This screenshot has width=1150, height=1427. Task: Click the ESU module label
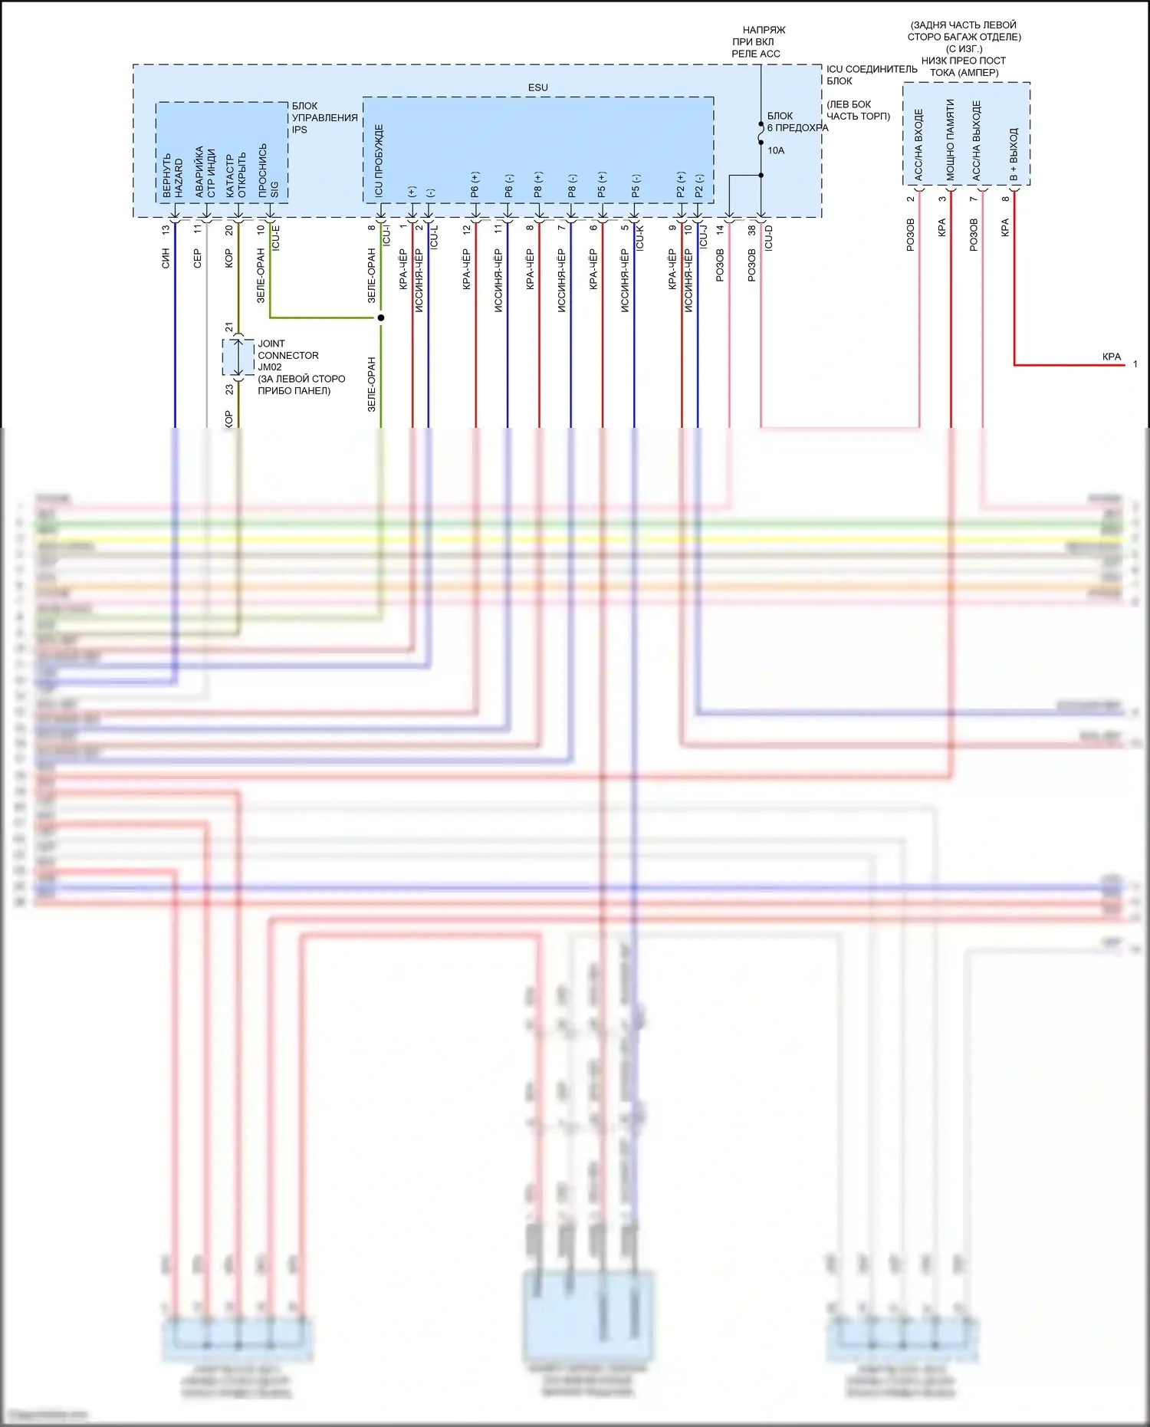[x=537, y=87]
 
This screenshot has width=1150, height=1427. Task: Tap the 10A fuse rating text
[x=776, y=150]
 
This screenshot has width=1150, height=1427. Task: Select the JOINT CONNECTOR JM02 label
[x=288, y=355]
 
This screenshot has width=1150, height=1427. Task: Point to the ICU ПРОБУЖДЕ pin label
[x=379, y=161]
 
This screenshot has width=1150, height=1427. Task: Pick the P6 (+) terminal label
[x=475, y=185]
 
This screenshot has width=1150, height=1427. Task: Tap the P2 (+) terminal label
[x=681, y=185]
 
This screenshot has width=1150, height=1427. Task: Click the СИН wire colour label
[x=166, y=258]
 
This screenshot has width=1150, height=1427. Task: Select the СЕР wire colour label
[x=198, y=258]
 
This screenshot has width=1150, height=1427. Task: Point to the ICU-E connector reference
[x=276, y=237]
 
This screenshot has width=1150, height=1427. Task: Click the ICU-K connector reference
[x=640, y=237]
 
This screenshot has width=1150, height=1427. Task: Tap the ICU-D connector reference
[x=768, y=237]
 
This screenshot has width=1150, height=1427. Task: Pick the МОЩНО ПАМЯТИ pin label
[x=950, y=140]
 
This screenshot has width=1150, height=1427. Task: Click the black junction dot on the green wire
[x=381, y=317]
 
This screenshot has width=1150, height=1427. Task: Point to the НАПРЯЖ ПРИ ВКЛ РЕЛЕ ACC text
[x=757, y=41]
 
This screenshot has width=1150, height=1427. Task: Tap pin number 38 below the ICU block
[x=752, y=229]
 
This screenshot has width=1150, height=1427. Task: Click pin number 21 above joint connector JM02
[x=228, y=327]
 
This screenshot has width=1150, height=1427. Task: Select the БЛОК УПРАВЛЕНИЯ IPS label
[x=324, y=117]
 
